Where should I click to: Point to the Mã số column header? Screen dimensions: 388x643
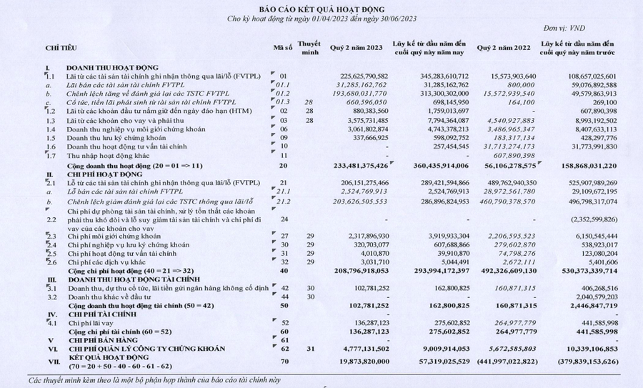click(283, 48)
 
